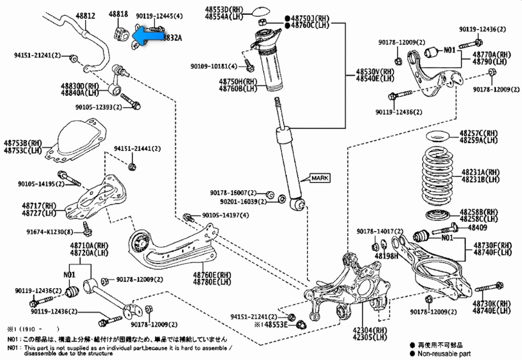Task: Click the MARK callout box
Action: tap(320, 178)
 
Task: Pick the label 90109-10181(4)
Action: tap(214, 66)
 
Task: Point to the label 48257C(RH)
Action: tap(479, 133)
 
